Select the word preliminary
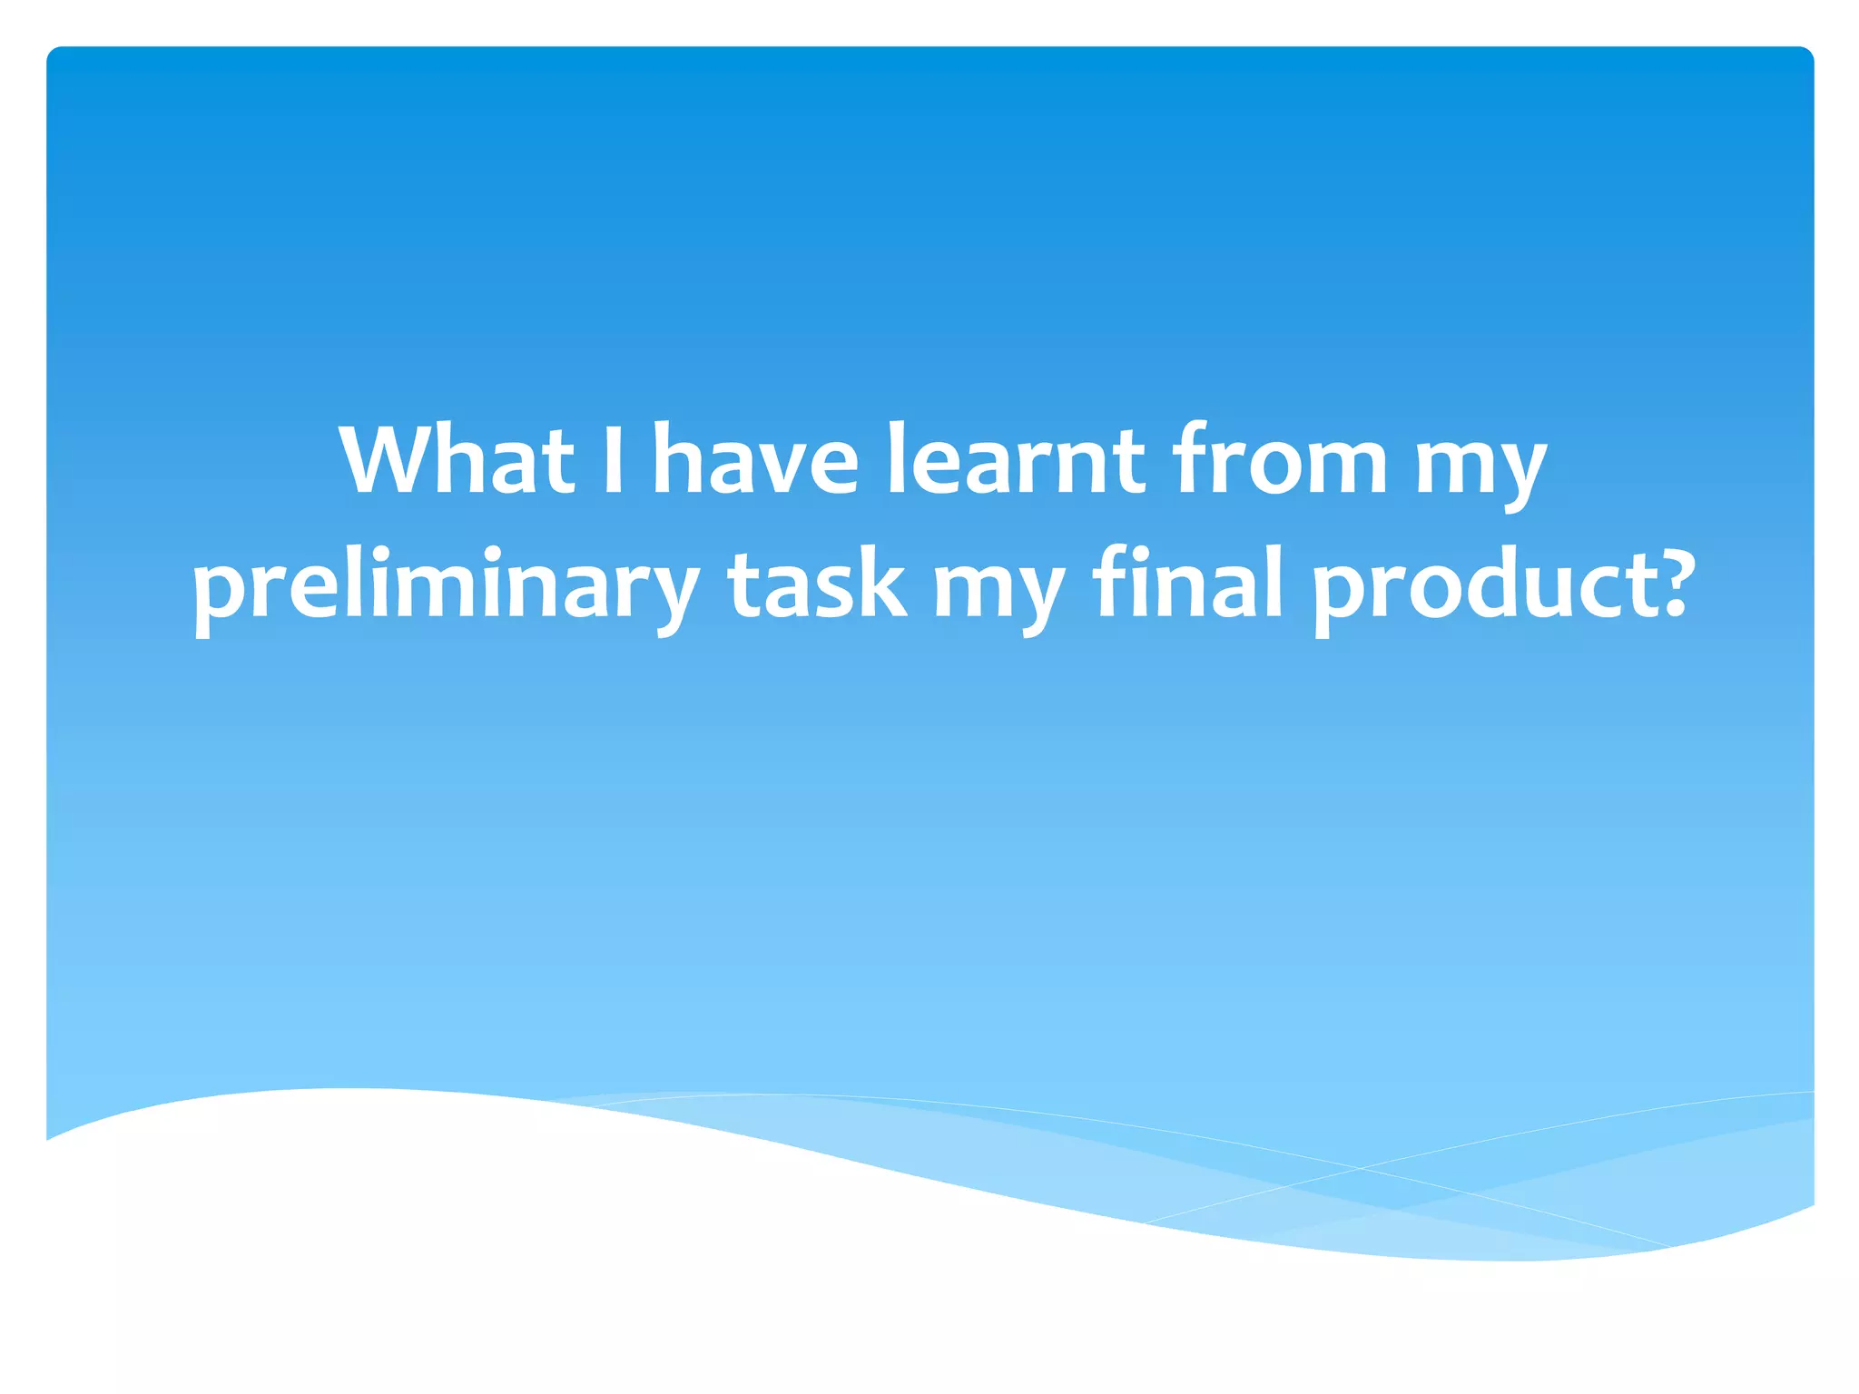point(446,585)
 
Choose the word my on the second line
point(998,590)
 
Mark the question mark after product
point(1667,581)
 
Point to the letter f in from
point(1188,458)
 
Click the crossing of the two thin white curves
point(1362,1168)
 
